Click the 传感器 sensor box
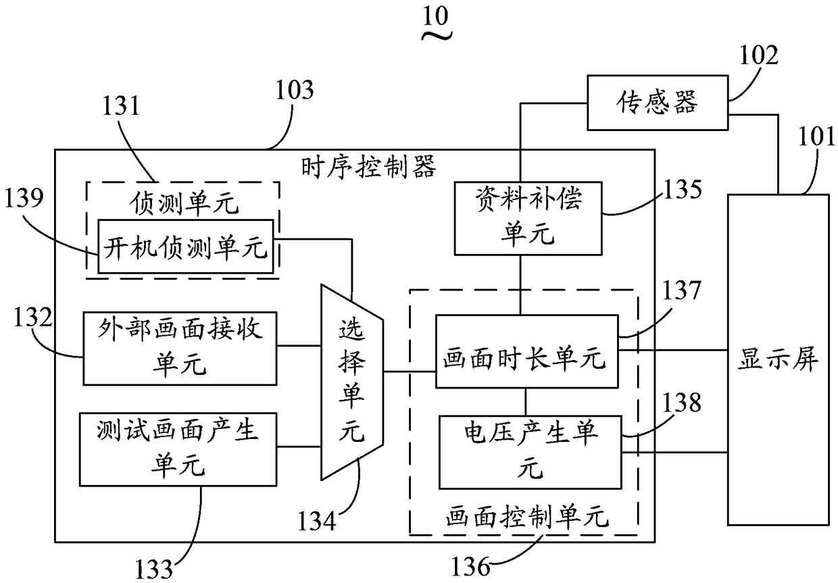[658, 103]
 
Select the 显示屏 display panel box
[778, 359]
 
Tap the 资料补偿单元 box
[528, 218]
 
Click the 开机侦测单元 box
[186, 247]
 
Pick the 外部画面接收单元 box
[180, 348]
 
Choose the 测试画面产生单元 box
[178, 449]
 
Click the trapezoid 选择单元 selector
[351, 382]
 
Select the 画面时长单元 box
[526, 351]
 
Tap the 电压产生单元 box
[530, 453]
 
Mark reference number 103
[295, 90]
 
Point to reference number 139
[24, 197]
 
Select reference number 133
[154, 569]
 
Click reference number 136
[471, 567]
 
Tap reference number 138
[682, 403]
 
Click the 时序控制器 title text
[369, 167]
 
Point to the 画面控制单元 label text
[527, 517]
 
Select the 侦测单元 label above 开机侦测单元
[184, 204]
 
